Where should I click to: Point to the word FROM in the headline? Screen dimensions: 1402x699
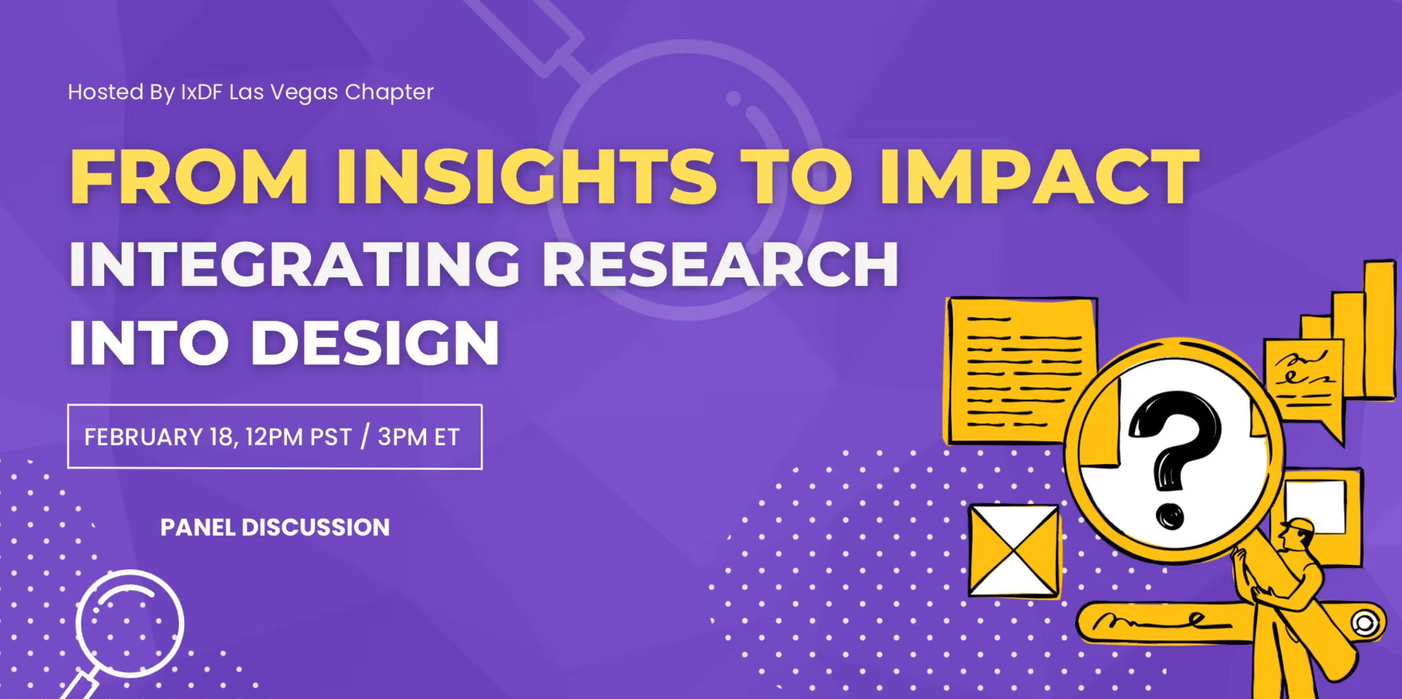188,177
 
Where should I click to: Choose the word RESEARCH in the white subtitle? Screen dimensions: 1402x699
720,263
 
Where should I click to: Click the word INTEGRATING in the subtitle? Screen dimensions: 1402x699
294,263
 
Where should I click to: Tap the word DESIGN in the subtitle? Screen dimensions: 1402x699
375,342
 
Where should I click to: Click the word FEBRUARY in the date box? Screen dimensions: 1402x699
143,437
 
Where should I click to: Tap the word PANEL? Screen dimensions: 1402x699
197,527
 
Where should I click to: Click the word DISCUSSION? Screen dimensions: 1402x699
315,527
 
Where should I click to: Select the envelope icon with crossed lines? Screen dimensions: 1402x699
1014,551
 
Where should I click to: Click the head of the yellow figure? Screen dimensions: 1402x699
1298,532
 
